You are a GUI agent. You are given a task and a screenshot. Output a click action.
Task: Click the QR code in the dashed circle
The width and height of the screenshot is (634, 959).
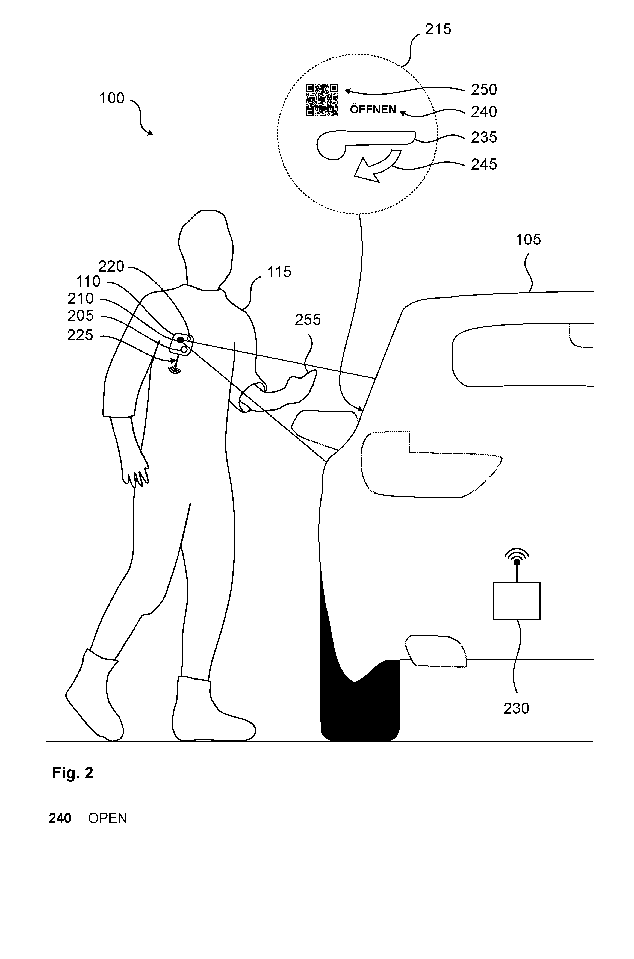[322, 100]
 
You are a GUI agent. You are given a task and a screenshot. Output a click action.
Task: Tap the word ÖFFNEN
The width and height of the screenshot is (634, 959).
[373, 110]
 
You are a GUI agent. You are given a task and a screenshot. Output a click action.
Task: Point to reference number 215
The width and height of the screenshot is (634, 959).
[438, 29]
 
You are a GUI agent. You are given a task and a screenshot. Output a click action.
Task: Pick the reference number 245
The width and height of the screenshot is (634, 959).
[483, 164]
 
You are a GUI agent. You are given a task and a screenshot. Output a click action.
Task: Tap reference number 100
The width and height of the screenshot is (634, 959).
[112, 98]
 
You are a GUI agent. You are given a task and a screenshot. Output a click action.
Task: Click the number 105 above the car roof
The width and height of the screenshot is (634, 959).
[528, 240]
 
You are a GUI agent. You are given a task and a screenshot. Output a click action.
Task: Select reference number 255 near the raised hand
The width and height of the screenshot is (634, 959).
[307, 320]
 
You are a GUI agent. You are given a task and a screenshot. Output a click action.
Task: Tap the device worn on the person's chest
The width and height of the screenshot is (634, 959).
[183, 344]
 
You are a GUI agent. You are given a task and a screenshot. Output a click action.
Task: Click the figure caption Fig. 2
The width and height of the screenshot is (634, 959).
[73, 773]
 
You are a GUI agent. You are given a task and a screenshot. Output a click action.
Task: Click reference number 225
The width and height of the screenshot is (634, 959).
[80, 335]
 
